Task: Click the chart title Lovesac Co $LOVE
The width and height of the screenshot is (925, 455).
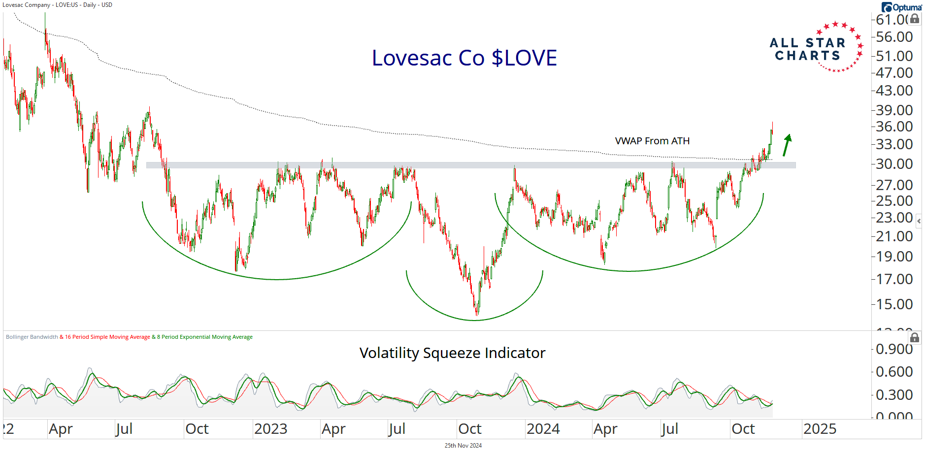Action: [464, 58]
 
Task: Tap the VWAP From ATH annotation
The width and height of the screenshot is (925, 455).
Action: [652, 141]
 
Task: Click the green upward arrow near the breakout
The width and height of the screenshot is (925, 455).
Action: [787, 145]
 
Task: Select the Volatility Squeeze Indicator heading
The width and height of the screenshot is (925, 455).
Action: [452, 353]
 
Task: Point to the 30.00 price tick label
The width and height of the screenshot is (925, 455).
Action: [894, 164]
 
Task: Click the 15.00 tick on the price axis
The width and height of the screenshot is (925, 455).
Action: [894, 304]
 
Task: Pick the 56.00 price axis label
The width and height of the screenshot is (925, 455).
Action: [894, 37]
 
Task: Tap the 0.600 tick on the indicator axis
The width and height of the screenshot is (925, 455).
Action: [894, 372]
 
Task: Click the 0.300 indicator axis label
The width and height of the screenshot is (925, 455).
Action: [894, 395]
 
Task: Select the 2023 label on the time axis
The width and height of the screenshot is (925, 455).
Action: [270, 429]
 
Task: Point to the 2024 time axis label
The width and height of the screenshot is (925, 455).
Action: [543, 429]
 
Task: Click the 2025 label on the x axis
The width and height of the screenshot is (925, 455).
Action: [820, 429]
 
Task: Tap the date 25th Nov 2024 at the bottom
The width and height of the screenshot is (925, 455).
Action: [463, 446]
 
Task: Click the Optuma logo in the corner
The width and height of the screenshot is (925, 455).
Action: [901, 7]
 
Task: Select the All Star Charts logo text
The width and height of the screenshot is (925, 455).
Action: [808, 49]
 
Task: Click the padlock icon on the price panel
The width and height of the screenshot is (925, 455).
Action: [915, 19]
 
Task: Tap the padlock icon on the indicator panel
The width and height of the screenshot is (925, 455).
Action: [915, 338]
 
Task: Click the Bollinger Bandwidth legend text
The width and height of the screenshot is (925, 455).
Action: [32, 337]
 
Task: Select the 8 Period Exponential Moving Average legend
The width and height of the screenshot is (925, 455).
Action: [205, 337]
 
